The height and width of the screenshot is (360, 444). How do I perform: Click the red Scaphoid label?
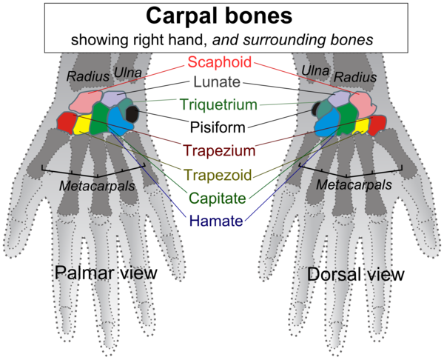pos(221,62)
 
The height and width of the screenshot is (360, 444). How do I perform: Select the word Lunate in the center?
pos(221,82)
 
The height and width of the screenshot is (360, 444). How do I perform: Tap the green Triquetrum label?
pos(221,104)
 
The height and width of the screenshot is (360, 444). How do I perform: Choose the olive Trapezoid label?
pos(221,176)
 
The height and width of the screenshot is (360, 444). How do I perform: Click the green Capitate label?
pos(221,198)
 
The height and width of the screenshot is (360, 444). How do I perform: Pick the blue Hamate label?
pos(221,220)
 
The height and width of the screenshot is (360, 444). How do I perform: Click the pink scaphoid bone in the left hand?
pos(87,103)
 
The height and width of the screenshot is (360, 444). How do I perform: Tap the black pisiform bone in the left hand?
pos(133,113)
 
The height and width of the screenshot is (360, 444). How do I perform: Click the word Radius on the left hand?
pos(82,76)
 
